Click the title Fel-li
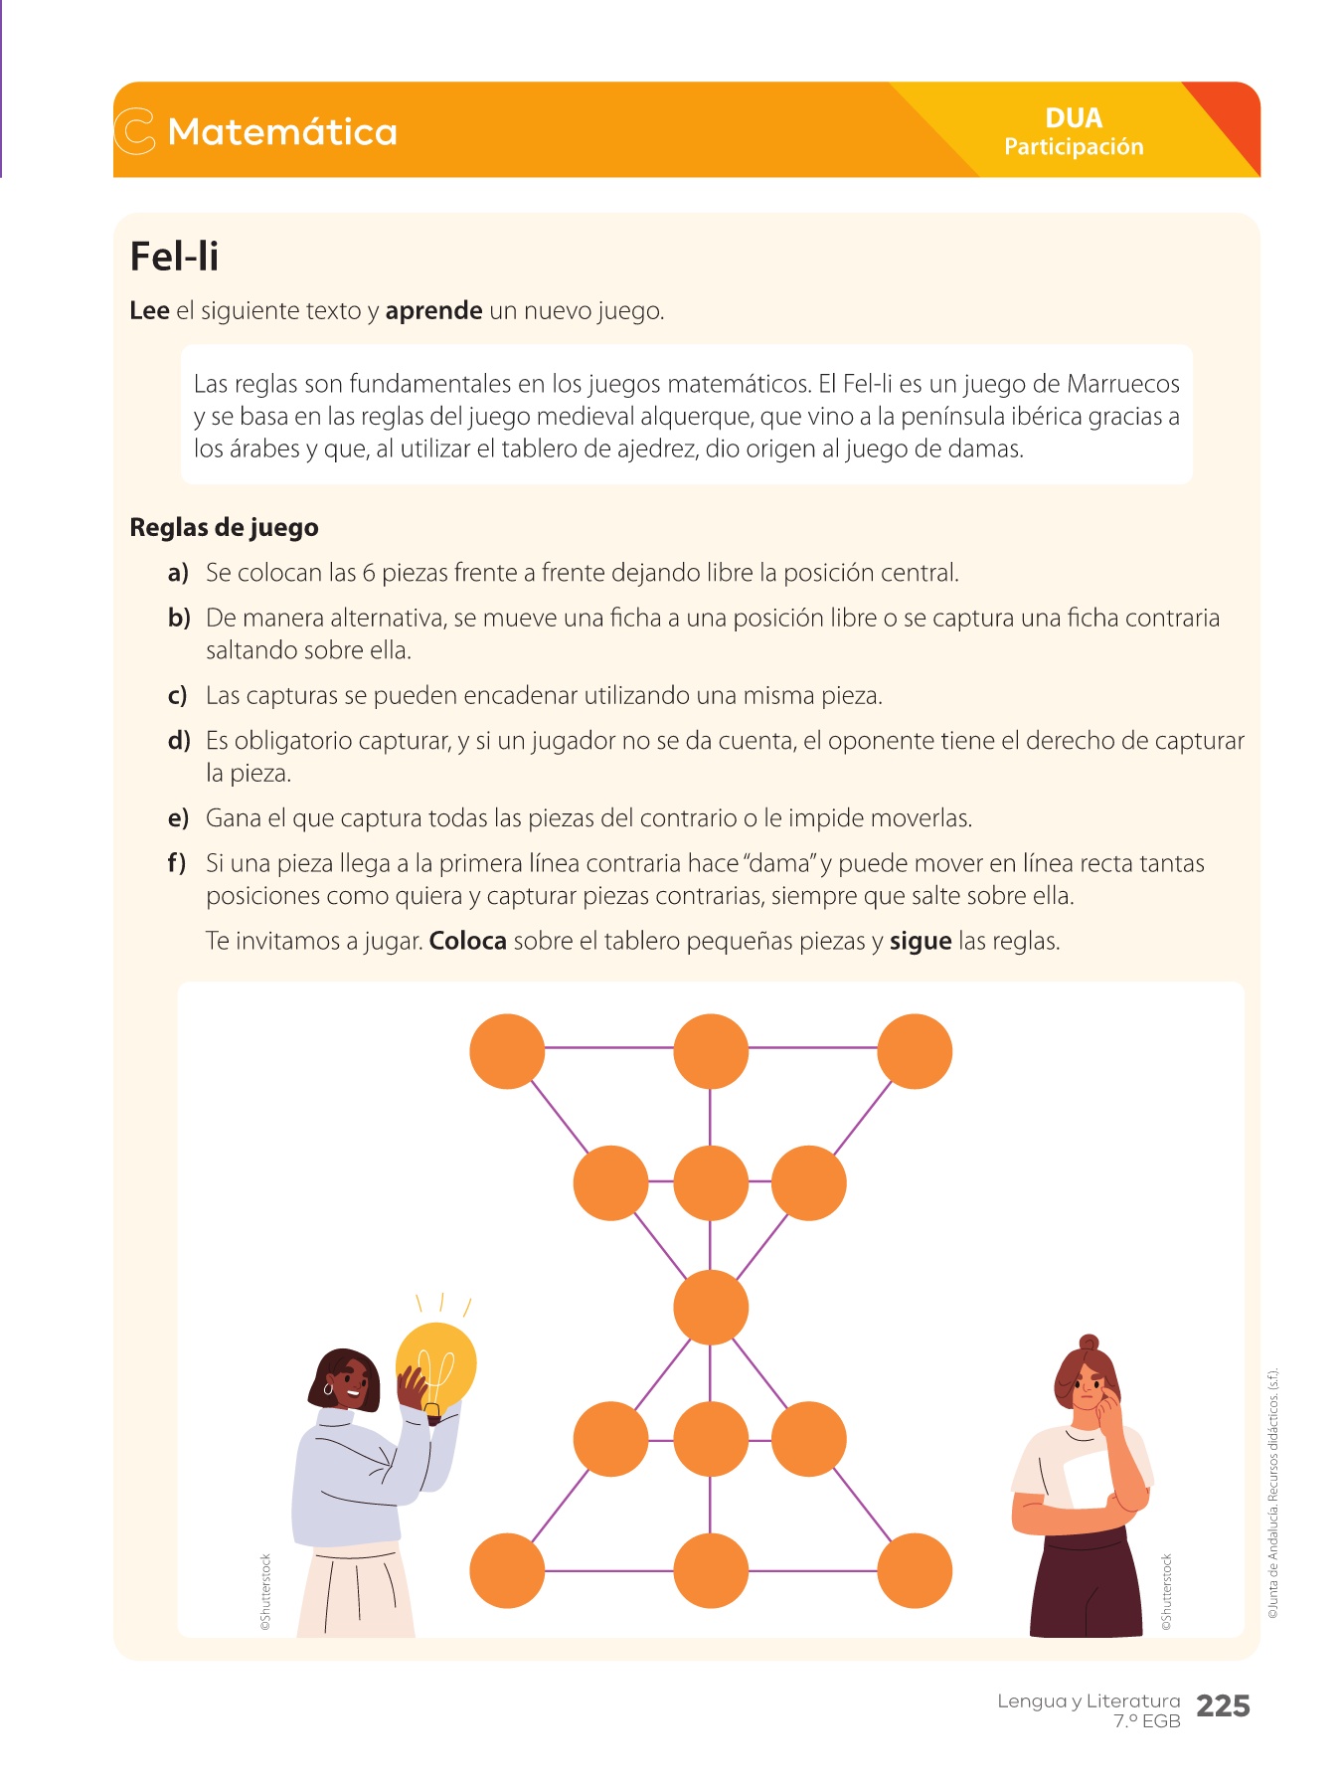point(174,257)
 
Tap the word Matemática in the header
point(282,132)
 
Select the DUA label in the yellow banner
point(1074,118)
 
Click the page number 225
point(1223,1706)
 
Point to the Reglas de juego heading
point(224,527)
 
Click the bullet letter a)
point(178,573)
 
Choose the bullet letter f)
point(177,863)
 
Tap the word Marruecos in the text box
point(1122,384)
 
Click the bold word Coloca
point(467,941)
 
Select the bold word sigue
point(920,941)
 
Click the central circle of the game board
point(710,1308)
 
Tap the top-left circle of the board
point(507,1051)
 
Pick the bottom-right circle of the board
point(915,1570)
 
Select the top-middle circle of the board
point(710,1051)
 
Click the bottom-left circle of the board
point(507,1570)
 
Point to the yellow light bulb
point(437,1364)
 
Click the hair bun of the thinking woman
point(1089,1343)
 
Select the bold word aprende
point(433,311)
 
